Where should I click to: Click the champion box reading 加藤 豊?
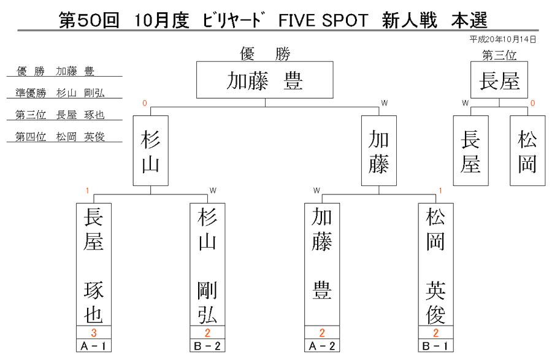tap(265, 80)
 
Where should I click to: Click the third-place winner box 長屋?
tap(499, 80)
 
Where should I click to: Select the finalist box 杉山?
tap(151, 151)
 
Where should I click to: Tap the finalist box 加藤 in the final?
tap(379, 151)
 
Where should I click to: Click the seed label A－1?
tap(94, 346)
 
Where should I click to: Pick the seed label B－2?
tap(207, 346)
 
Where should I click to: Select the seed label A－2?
tap(322, 346)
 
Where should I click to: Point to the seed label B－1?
tap(436, 346)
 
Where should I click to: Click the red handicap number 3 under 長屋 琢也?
tap(94, 332)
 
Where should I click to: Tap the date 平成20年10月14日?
tap(503, 39)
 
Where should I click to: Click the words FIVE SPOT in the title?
tap(323, 20)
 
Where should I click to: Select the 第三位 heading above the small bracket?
tap(499, 55)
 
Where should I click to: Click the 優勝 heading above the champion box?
tap(265, 54)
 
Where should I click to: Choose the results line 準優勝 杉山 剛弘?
tap(60, 93)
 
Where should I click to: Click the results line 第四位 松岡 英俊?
tap(60, 137)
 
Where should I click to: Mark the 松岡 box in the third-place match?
tap(527, 151)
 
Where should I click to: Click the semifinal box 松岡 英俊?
tap(436, 264)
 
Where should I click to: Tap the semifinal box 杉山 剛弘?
tap(207, 264)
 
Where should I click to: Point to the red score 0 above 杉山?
tap(144, 103)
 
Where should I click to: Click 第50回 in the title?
tap(89, 20)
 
